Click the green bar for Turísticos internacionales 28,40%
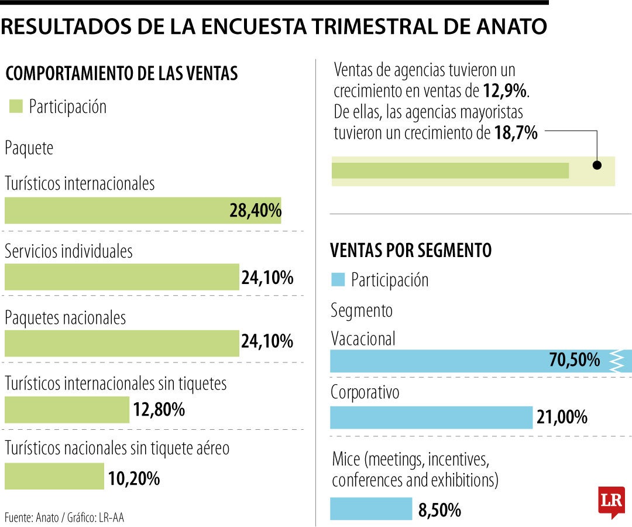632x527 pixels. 143,210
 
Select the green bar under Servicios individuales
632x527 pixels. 122,277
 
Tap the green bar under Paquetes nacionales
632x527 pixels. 122,344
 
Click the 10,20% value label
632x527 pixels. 134,478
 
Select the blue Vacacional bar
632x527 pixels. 468,361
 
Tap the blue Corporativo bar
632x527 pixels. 431,418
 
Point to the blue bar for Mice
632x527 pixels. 371,509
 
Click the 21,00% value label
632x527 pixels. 562,418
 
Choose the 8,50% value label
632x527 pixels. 439,510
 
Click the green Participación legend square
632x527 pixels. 16,107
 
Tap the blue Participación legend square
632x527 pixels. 338,279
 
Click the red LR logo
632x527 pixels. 611,502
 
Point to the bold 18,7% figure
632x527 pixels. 516,133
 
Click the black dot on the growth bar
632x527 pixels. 597,165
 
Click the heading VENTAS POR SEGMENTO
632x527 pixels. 411,251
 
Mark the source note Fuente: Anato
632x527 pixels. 64,517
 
